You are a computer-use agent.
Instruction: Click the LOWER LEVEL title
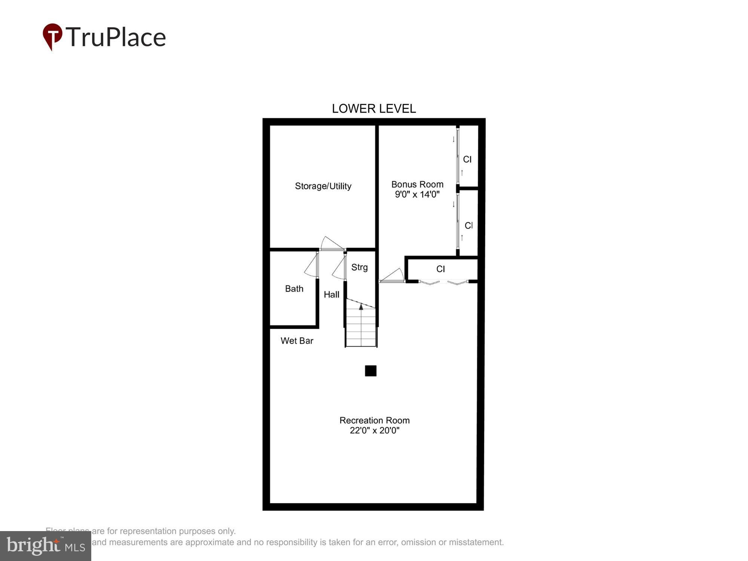[374, 108]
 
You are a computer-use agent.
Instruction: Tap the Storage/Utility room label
[323, 186]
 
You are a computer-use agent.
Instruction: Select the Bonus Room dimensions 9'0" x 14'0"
[417, 194]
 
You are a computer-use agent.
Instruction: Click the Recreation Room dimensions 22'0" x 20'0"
[374, 430]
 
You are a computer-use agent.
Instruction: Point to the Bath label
[294, 289]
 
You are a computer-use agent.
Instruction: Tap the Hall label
[331, 295]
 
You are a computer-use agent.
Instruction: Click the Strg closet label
[359, 267]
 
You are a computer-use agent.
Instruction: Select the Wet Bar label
[297, 341]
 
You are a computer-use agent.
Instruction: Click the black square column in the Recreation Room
[371, 371]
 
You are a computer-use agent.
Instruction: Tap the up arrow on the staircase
[361, 307]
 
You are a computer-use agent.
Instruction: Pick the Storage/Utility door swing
[331, 243]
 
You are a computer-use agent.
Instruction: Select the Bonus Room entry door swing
[393, 276]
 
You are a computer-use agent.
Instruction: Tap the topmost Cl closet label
[467, 159]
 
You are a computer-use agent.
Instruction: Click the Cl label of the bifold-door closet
[441, 269]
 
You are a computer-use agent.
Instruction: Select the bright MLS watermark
[46, 546]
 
